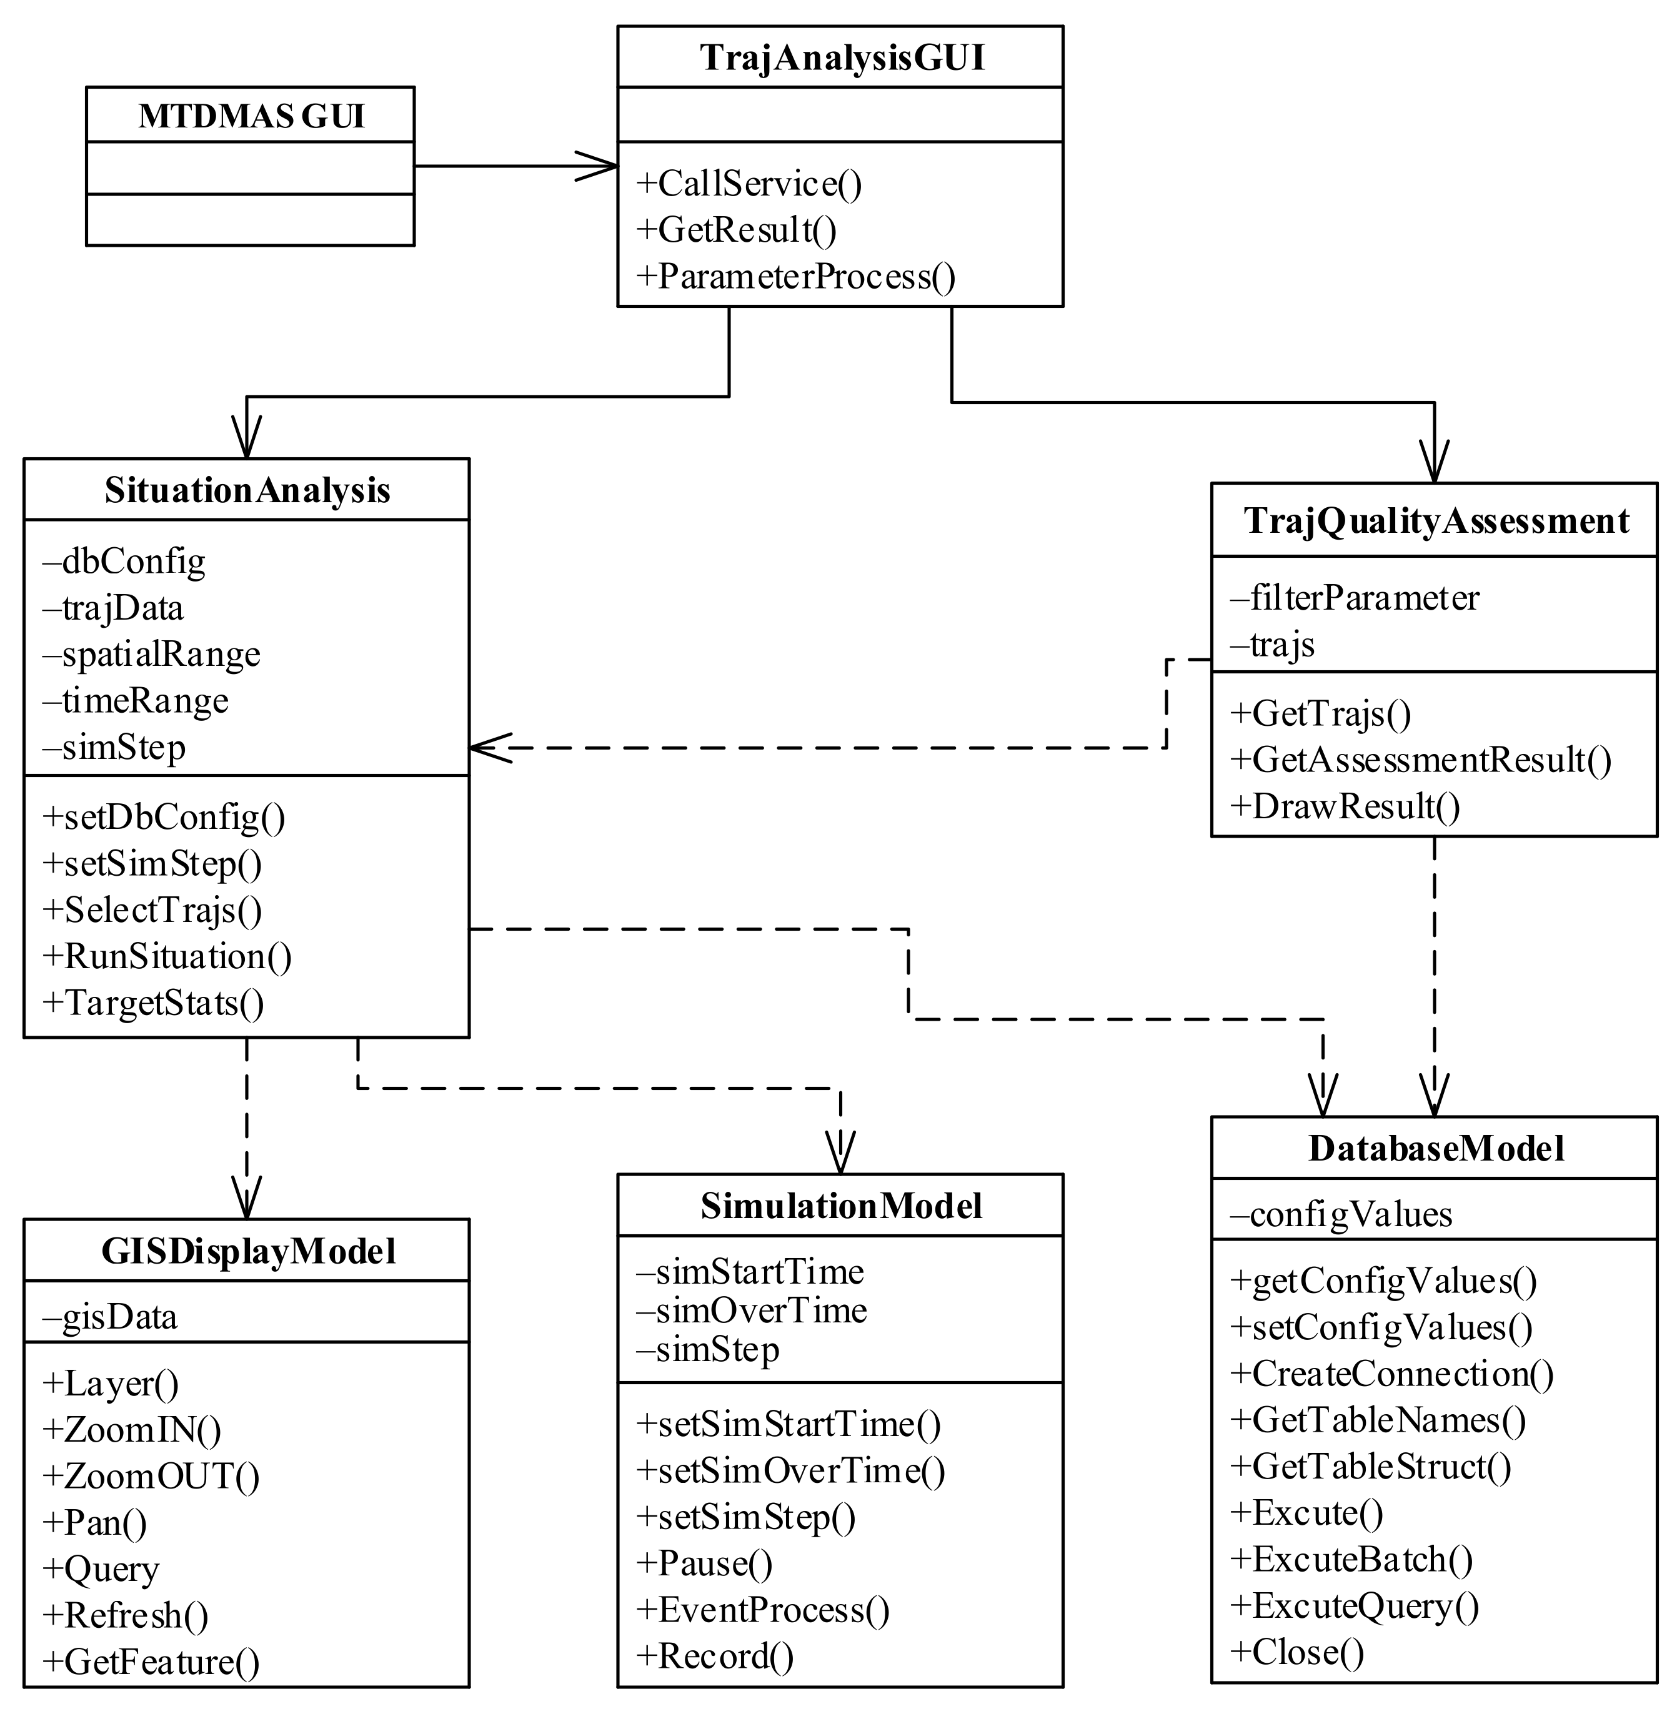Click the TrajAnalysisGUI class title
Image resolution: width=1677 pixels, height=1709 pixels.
click(842, 58)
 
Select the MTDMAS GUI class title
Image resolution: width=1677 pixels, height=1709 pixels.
click(251, 116)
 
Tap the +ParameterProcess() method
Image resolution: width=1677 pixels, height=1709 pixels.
click(795, 277)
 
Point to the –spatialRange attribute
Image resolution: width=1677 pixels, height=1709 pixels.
click(151, 654)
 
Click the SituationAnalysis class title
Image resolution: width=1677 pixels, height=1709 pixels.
click(247, 490)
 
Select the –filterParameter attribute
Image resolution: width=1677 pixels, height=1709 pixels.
click(1355, 598)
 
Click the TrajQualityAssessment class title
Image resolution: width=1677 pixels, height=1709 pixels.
click(1436, 520)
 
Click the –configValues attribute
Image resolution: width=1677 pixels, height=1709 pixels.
click(1341, 1215)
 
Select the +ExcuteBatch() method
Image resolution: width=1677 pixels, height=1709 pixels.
click(1351, 1559)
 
